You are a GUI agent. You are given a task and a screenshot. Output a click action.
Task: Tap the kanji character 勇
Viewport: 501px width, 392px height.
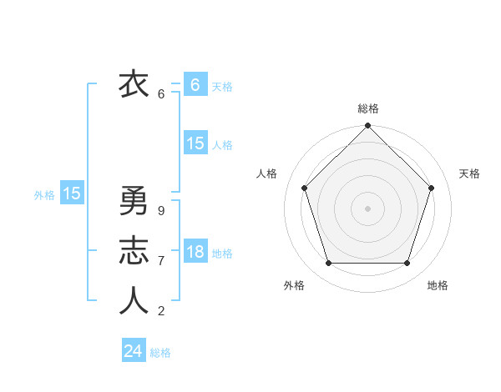(x=133, y=200)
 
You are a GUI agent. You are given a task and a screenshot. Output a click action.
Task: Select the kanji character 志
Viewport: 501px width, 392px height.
(x=133, y=250)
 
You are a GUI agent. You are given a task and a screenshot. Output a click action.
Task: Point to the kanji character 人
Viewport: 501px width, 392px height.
(x=133, y=300)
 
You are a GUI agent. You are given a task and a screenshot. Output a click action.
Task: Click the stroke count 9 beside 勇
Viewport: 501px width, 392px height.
(x=161, y=211)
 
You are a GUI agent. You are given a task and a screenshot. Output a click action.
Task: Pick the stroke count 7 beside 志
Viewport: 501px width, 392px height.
(x=161, y=261)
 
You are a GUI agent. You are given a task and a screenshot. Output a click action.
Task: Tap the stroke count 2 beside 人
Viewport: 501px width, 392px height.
(x=161, y=311)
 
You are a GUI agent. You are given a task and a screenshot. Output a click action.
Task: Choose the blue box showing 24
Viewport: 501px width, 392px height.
(x=134, y=351)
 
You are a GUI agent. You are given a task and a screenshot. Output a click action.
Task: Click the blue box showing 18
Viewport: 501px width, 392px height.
(x=195, y=251)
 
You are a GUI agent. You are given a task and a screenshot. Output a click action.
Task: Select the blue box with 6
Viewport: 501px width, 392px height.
(x=195, y=84)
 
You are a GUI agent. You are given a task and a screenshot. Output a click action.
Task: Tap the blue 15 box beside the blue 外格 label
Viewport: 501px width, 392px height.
(x=72, y=193)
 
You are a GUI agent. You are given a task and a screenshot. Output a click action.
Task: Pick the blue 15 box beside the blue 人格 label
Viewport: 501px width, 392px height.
(x=195, y=143)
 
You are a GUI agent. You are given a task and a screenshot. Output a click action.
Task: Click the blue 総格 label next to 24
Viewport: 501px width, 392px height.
(x=161, y=353)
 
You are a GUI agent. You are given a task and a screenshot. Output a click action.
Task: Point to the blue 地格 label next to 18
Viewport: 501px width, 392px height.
(x=223, y=253)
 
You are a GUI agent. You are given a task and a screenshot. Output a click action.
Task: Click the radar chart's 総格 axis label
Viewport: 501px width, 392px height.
(x=368, y=108)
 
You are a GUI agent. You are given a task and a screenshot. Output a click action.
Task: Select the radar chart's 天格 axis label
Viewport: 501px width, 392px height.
(x=470, y=173)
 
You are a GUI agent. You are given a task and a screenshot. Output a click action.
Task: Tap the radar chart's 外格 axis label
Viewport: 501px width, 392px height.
(x=294, y=285)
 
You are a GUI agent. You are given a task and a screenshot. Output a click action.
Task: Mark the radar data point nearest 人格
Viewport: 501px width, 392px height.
(x=305, y=188)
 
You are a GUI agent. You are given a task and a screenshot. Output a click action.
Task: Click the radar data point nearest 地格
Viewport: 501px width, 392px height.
(x=407, y=263)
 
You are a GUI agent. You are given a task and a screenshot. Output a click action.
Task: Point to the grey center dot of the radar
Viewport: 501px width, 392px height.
(x=367, y=208)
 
